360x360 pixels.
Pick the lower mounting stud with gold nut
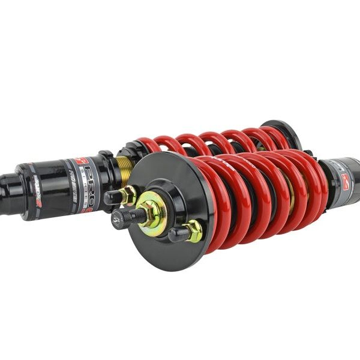click(183, 232)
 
